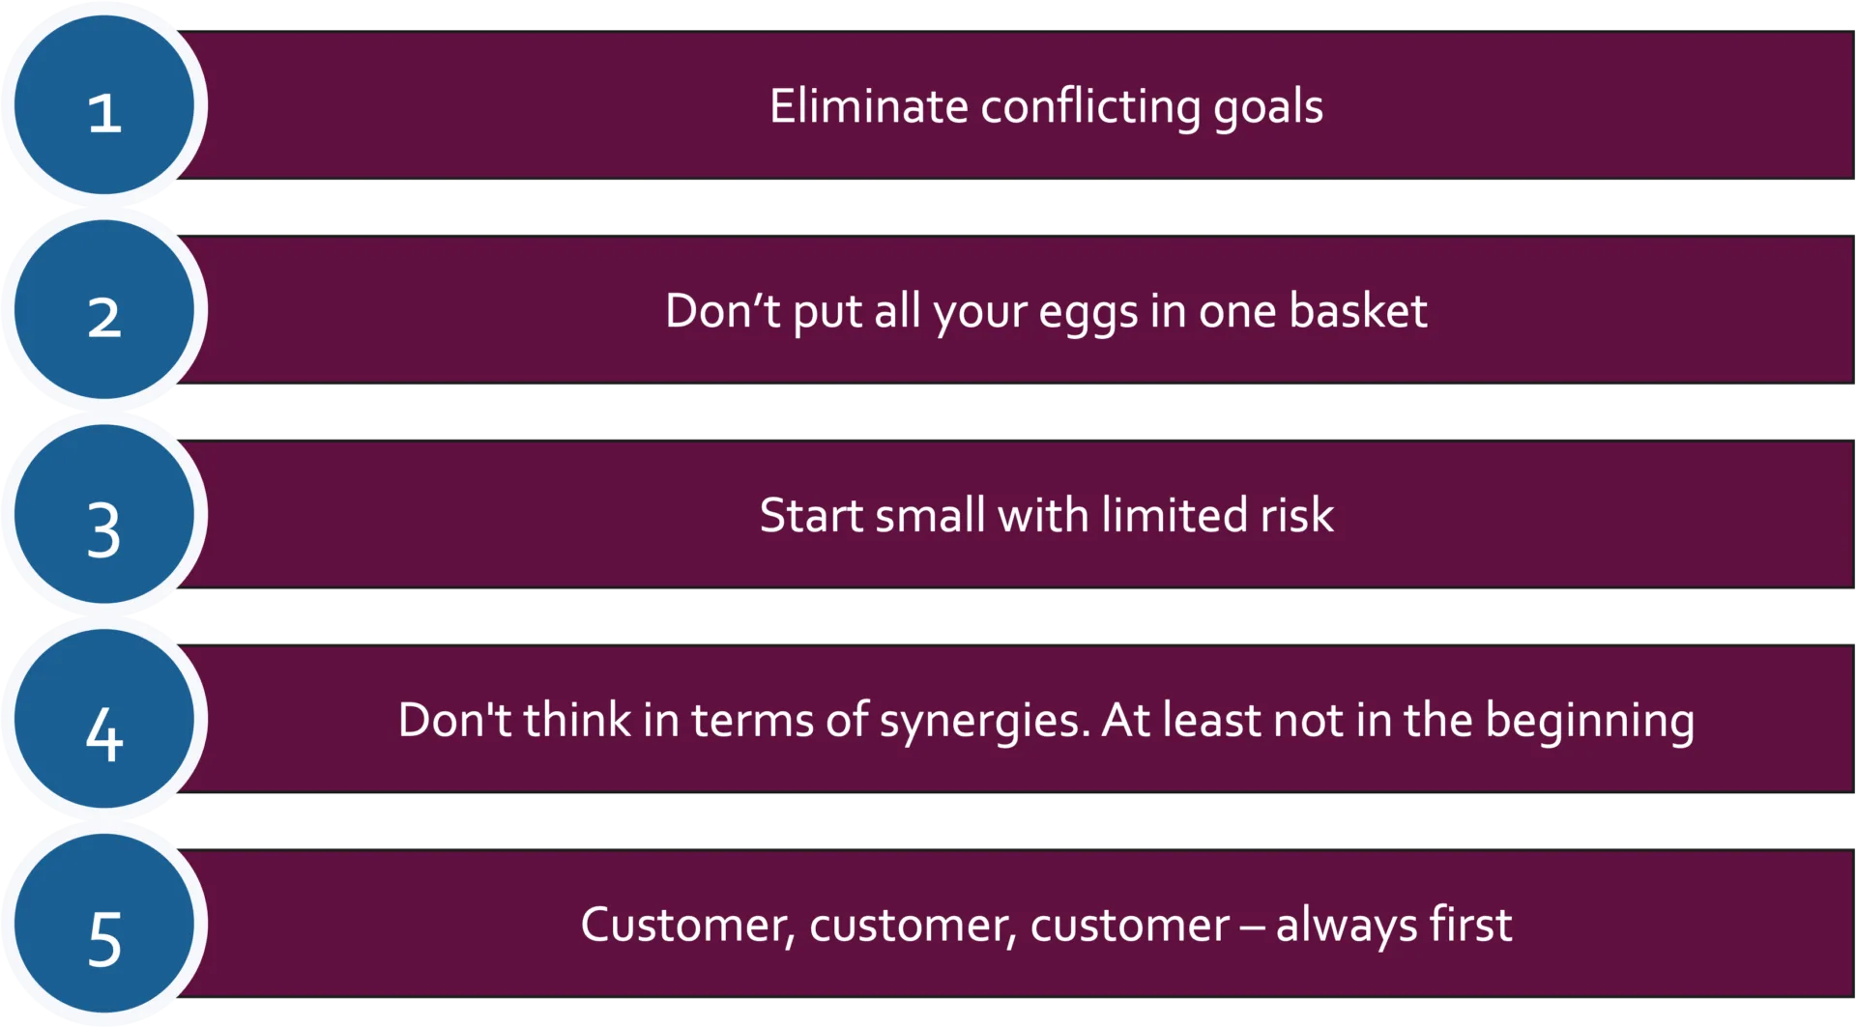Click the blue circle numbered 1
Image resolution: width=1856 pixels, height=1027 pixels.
click(104, 106)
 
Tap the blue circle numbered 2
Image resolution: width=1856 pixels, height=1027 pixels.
click(104, 310)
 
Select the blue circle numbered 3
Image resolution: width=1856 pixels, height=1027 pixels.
click(104, 515)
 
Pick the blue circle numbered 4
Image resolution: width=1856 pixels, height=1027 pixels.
click(104, 720)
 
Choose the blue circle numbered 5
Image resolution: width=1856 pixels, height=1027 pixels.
click(104, 924)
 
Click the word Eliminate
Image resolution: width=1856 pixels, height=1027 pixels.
click(868, 106)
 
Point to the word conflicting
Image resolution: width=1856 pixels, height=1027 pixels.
click(1090, 108)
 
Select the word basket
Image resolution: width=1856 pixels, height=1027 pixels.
click(1357, 311)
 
